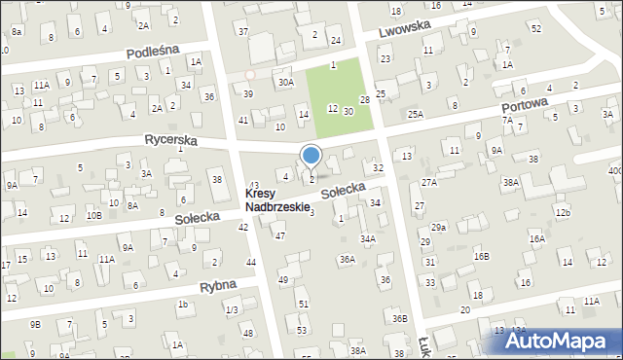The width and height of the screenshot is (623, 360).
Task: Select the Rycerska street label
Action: (x=170, y=141)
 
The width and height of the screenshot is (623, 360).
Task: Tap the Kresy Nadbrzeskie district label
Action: (x=277, y=200)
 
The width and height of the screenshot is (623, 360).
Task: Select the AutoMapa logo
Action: (x=564, y=342)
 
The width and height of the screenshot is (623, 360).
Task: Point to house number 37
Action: (x=243, y=32)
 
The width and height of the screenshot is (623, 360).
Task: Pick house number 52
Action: (x=536, y=28)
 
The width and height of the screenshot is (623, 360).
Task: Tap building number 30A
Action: (x=285, y=83)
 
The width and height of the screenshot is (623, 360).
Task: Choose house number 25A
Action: (x=416, y=115)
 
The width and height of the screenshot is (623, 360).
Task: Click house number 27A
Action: (x=430, y=182)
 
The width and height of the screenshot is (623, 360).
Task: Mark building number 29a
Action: (x=439, y=227)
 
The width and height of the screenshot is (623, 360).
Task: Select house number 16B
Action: (x=481, y=256)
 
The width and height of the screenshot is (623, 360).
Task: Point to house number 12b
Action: (x=562, y=212)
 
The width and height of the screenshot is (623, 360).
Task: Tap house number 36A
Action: (x=347, y=260)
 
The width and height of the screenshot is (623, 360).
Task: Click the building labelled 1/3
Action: (x=231, y=309)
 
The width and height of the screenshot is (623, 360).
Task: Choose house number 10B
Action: (x=93, y=215)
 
